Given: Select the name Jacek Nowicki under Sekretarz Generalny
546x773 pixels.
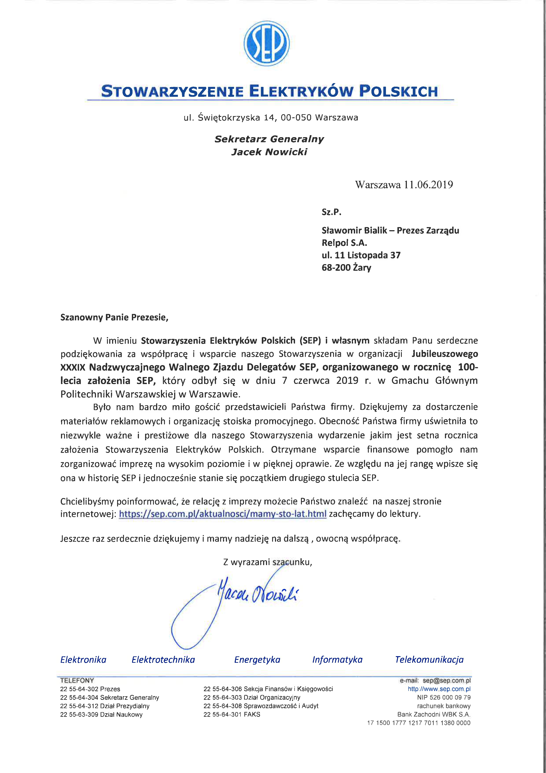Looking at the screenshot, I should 269,152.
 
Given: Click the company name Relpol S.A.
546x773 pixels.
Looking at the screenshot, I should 344,243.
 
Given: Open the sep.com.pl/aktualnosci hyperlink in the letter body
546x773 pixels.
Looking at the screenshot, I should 223,514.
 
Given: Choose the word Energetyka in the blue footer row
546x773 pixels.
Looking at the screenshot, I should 257,659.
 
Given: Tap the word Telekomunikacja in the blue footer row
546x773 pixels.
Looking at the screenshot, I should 429,659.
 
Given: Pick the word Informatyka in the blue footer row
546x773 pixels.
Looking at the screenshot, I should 337,659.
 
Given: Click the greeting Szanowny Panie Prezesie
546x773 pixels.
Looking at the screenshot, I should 114,317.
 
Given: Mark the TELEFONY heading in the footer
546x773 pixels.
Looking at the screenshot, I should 77,680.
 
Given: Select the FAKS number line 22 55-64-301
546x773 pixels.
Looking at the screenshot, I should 232,714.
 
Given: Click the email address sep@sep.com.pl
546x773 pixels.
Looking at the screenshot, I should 446,680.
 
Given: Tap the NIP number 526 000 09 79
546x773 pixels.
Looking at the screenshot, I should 450,697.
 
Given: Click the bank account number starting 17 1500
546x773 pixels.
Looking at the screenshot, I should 419,723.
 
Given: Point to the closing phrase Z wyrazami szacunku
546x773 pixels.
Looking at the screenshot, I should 268,562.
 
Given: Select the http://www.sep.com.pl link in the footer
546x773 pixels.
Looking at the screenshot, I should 439,689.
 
